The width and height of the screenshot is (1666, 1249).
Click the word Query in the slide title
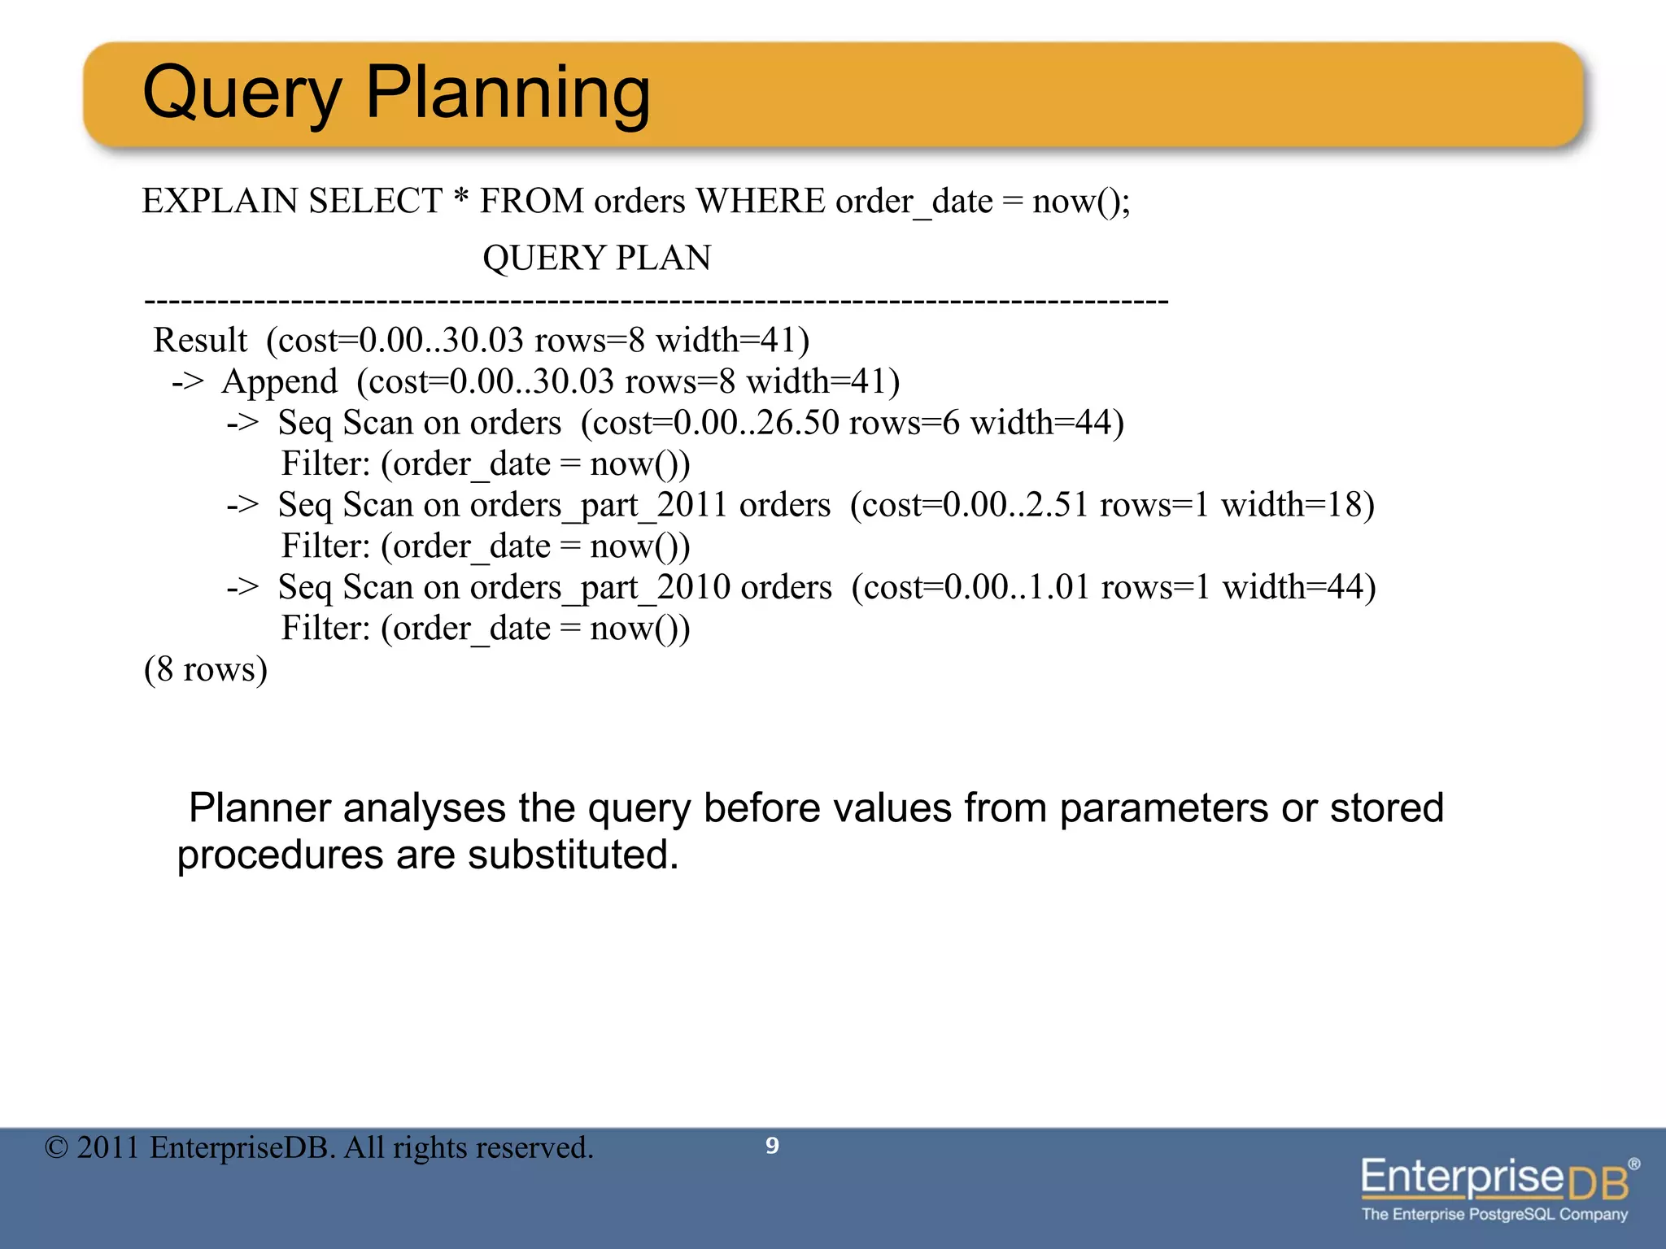tap(242, 94)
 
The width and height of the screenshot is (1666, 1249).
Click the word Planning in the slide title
tap(508, 94)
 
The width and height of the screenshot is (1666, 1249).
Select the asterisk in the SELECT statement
tap(460, 198)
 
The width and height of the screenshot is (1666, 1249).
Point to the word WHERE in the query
tap(760, 201)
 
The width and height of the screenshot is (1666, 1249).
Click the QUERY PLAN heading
tap(596, 259)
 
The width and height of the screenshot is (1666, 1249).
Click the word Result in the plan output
tap(200, 340)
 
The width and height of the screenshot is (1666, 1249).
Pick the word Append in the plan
tap(279, 381)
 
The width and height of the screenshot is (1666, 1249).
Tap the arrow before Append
tap(188, 381)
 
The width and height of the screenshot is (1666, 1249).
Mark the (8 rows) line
tap(206, 669)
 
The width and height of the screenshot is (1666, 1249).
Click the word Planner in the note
tap(256, 808)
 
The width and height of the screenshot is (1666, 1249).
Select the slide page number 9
tap(772, 1146)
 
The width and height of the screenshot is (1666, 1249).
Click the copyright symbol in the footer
tap(56, 1147)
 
